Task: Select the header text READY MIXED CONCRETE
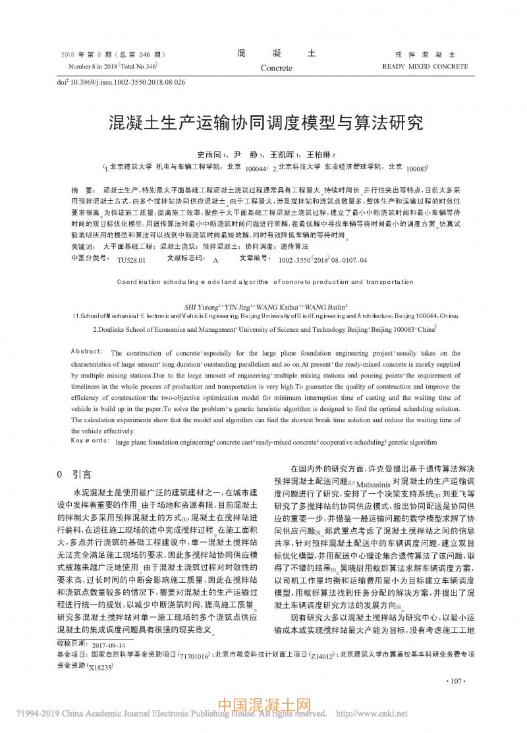click(425, 67)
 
